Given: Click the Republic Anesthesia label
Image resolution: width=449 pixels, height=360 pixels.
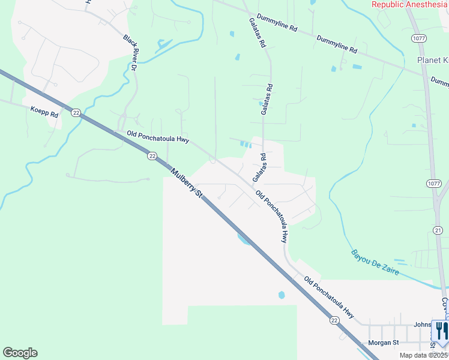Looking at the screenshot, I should (410, 4).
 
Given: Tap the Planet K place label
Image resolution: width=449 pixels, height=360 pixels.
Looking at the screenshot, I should (433, 61).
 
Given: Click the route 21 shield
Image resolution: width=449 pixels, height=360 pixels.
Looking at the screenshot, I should (438, 230).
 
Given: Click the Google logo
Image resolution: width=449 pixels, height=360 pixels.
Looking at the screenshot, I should (20, 353).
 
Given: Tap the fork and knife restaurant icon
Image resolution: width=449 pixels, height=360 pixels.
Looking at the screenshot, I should (441, 331).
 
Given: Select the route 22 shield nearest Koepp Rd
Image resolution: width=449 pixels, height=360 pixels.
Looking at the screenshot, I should (75, 112).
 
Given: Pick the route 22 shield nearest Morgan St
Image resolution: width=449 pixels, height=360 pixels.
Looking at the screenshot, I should (334, 322).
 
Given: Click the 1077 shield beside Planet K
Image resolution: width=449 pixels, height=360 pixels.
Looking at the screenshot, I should (419, 38).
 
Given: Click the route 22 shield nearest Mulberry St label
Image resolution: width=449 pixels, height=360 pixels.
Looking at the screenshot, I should (152, 155).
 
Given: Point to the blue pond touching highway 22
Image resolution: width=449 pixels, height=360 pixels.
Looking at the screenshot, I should (244, 239).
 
